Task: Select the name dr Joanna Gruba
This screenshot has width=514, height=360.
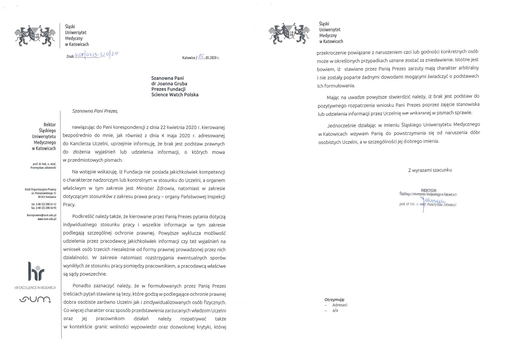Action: pyautogui.click(x=169, y=83)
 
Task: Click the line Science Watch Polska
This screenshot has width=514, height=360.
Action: pyautogui.click(x=175, y=94)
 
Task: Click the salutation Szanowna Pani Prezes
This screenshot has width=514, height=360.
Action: pyautogui.click(x=95, y=111)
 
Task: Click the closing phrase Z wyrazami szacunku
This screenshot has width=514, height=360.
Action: pyautogui.click(x=430, y=170)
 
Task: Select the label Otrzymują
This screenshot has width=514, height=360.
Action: pyautogui.click(x=334, y=300)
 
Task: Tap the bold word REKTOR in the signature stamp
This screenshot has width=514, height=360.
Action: pyautogui.click(x=429, y=190)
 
